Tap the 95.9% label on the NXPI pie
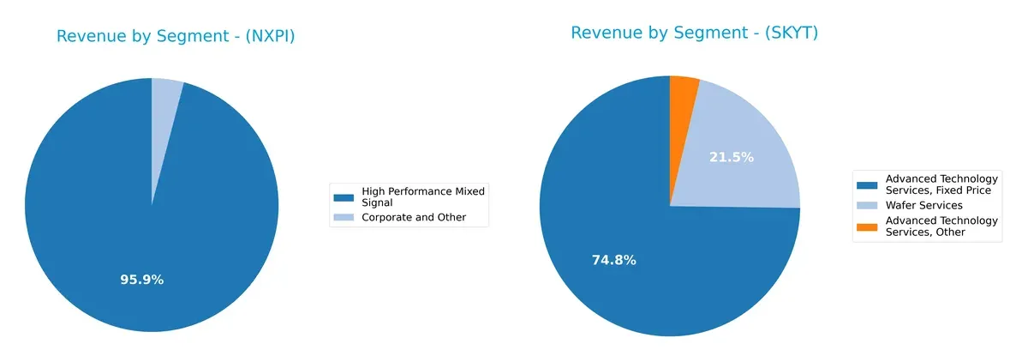coord(141,280)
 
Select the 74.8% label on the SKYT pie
coord(613,261)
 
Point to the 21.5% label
coord(732,158)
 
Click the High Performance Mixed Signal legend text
coord(422,196)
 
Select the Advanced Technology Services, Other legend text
coord(941,226)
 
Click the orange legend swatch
coord(867,221)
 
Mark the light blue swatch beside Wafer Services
coord(867,205)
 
